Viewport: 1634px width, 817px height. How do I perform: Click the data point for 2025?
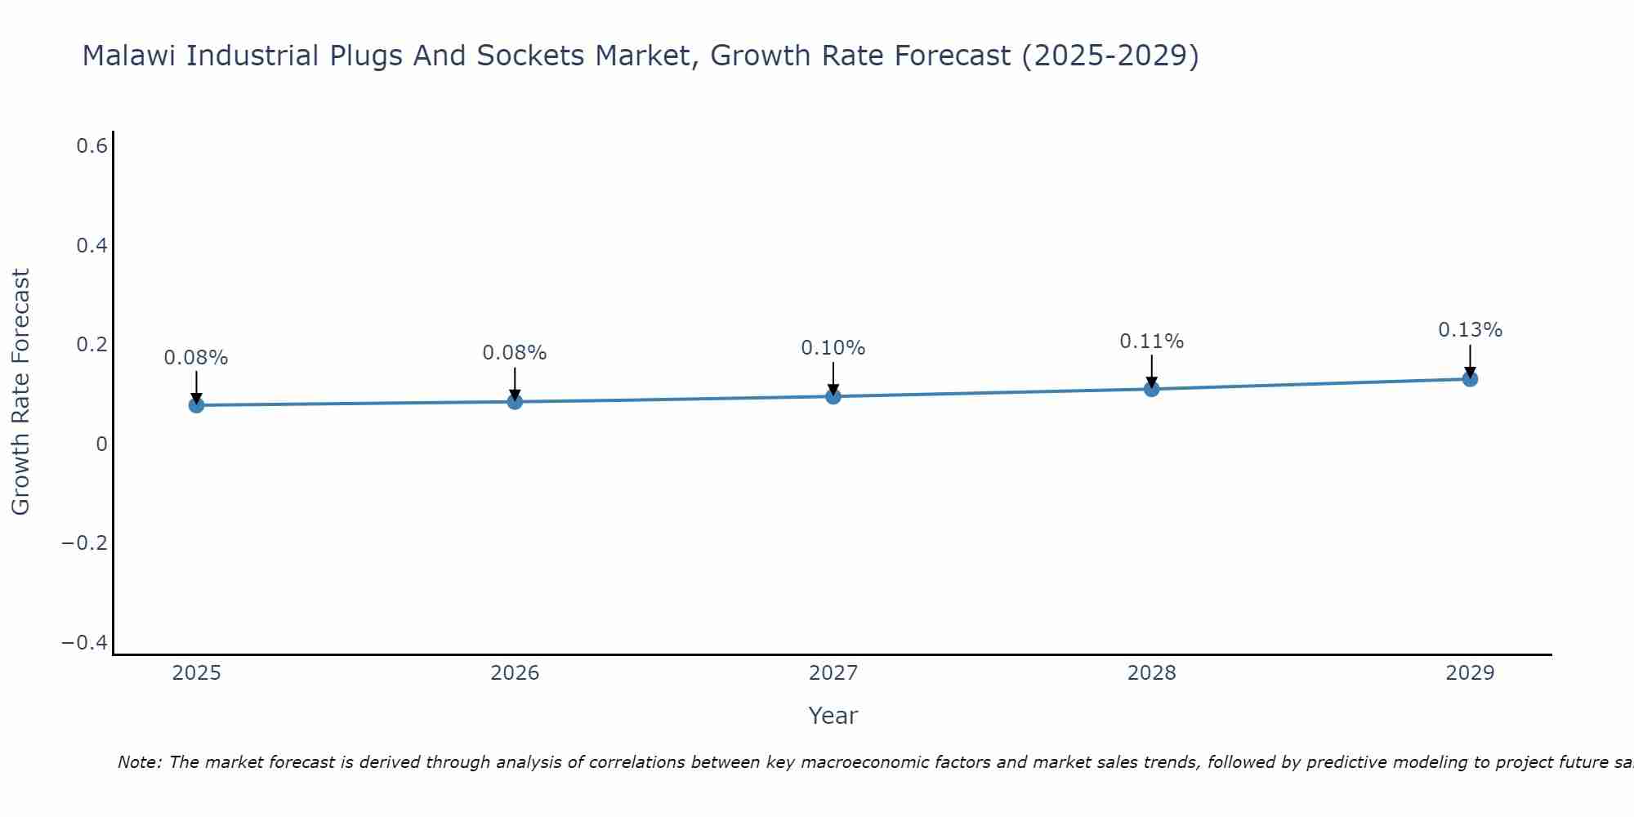point(196,404)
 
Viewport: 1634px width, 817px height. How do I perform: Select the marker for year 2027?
point(833,396)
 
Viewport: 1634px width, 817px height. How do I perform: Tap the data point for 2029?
point(1470,378)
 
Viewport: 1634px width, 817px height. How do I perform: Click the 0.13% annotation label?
point(1470,330)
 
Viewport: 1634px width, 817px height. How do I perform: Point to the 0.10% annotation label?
point(833,348)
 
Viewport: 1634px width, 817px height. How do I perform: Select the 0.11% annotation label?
point(1151,342)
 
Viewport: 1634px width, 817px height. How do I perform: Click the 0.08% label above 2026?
point(514,353)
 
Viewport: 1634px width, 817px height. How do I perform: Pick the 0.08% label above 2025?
point(195,358)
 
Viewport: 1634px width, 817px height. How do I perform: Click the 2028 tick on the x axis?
point(1151,673)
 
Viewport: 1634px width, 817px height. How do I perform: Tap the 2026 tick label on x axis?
point(515,673)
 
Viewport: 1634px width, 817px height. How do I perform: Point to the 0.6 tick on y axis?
point(92,146)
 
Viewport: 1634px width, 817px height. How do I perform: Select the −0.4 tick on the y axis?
point(84,643)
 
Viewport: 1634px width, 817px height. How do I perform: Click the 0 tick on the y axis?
point(101,444)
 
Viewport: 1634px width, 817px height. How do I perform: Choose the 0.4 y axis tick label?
point(92,245)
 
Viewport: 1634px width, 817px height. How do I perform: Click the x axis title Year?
point(833,716)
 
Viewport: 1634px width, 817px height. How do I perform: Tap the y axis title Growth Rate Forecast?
point(20,392)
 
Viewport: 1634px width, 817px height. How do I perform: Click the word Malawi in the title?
point(130,56)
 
